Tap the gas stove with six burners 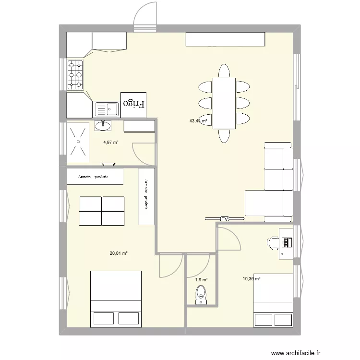point(75,74)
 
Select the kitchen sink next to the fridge point(106,109)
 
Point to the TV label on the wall point(224,219)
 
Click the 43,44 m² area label point(198,121)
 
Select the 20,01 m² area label point(119,253)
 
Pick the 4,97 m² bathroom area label point(110,142)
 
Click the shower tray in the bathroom point(78,141)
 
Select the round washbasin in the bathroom point(103,126)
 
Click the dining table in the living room point(224,103)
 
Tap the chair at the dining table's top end point(224,71)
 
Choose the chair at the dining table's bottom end point(224,136)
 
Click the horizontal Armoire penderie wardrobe point(95,177)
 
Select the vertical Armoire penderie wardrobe point(146,195)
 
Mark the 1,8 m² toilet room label point(201,279)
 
